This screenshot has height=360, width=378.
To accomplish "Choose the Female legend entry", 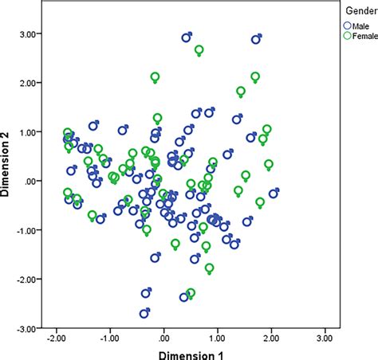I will point(356,35).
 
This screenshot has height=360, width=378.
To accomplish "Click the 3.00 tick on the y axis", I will point(31,34).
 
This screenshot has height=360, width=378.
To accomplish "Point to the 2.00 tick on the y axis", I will point(31,84).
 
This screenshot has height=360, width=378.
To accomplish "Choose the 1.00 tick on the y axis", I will point(31,132).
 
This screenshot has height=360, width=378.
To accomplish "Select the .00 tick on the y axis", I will point(33,182).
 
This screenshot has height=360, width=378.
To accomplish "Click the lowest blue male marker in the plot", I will point(144,314).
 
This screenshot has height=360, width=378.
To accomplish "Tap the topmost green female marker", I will point(199,50).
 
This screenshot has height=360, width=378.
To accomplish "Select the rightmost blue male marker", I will point(274,193).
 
